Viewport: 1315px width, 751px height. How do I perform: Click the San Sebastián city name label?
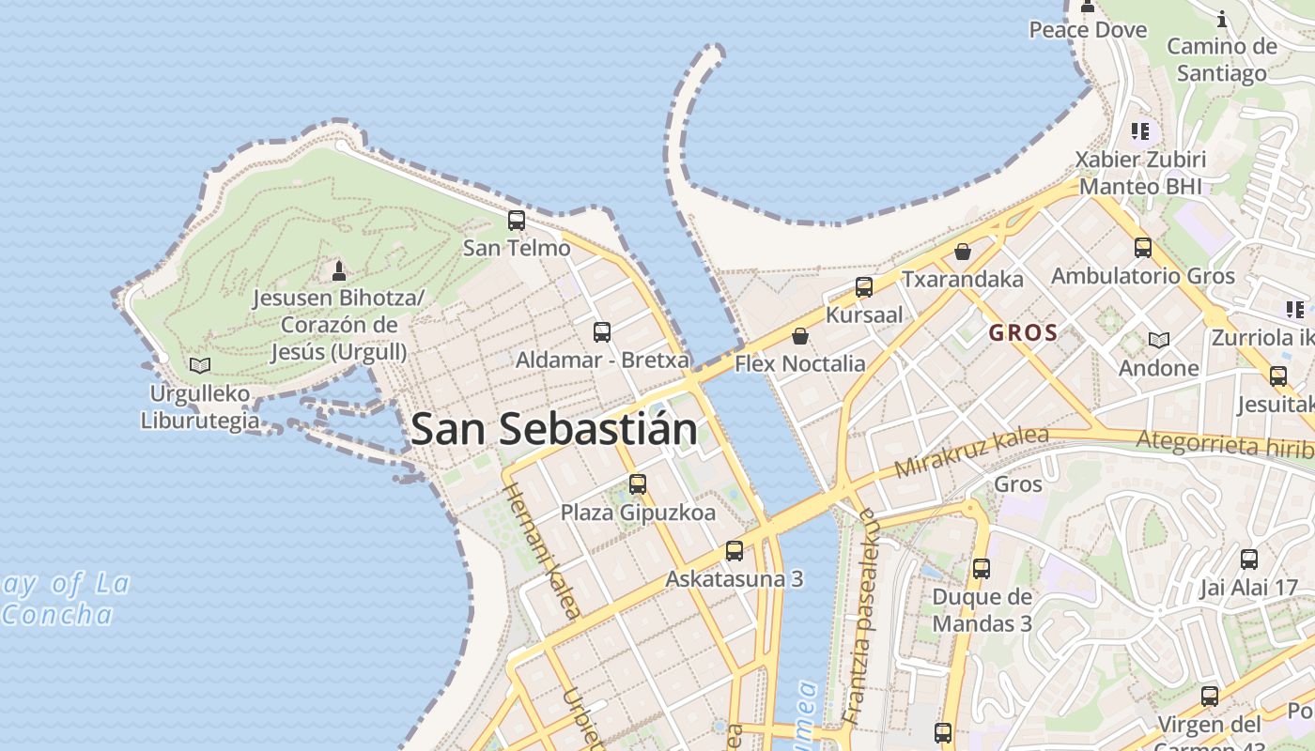click(x=554, y=429)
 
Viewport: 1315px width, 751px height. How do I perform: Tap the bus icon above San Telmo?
click(x=517, y=221)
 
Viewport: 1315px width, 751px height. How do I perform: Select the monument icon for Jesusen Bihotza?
click(x=339, y=271)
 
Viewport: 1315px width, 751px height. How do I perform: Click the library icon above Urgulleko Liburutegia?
click(x=199, y=365)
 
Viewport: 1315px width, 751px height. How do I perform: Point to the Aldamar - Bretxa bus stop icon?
click(x=602, y=331)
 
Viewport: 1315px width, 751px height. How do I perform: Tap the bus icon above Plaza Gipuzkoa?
click(x=638, y=484)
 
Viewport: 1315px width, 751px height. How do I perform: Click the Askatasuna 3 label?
click(x=735, y=578)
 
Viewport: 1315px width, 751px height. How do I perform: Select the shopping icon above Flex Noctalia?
click(x=800, y=335)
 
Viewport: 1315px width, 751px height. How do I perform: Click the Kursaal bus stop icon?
click(x=864, y=287)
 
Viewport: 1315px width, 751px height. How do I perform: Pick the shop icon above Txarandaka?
click(x=962, y=252)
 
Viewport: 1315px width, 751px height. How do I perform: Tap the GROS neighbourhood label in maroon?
click(x=1023, y=332)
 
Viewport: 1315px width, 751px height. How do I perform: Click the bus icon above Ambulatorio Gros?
click(x=1142, y=248)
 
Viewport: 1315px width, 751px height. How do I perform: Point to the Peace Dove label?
click(x=1088, y=30)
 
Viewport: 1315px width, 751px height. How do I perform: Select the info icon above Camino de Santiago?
click(x=1222, y=19)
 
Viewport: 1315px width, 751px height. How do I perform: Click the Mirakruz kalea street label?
click(x=970, y=451)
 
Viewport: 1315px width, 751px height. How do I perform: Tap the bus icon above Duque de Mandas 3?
click(x=982, y=568)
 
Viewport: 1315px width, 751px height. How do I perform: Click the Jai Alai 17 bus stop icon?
click(x=1248, y=559)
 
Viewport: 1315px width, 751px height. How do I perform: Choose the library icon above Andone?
click(x=1159, y=340)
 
